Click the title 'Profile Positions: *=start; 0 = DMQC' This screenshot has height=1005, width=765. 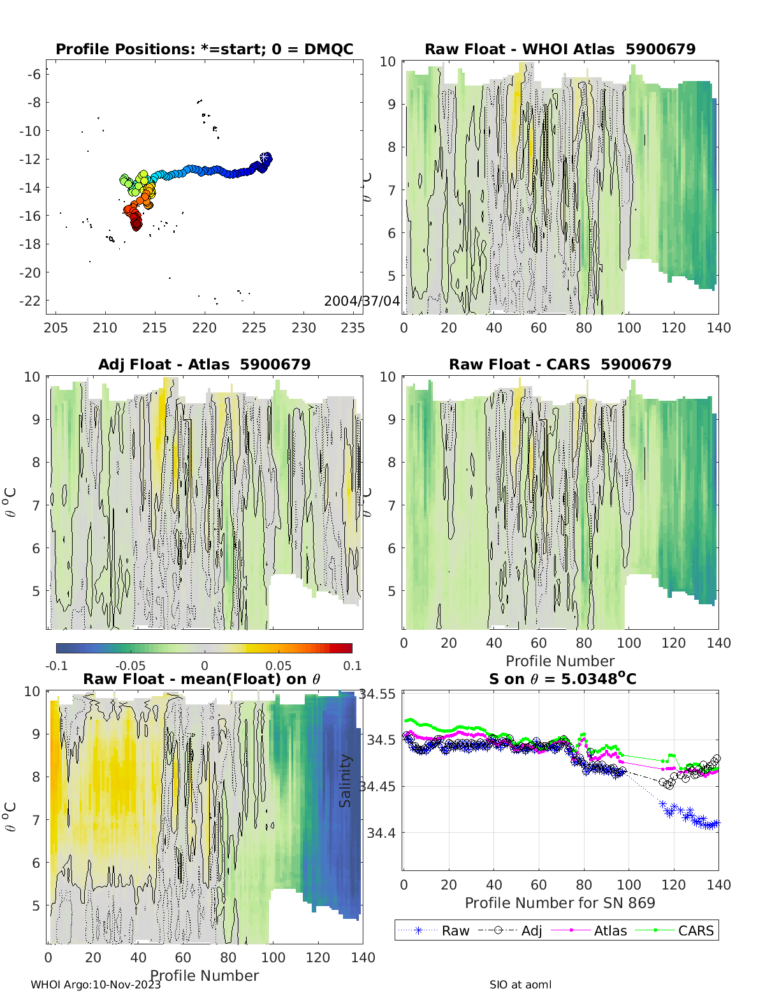[204, 49]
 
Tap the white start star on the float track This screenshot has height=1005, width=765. [264, 158]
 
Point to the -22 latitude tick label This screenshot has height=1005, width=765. [33, 301]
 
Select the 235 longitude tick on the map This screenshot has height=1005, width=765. [353, 327]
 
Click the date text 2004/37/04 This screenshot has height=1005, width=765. [361, 301]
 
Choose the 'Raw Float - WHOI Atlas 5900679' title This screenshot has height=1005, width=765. [560, 49]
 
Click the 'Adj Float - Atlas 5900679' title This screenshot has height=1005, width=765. [204, 364]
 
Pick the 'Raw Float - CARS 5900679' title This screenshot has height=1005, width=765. [560, 364]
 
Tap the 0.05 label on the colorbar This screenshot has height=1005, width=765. [279, 666]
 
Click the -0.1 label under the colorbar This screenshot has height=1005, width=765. [56, 666]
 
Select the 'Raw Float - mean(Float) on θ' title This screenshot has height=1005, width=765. [201, 679]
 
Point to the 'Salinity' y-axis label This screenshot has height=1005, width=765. [346, 780]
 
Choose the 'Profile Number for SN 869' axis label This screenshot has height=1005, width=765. [560, 903]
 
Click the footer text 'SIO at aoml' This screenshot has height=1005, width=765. [520, 985]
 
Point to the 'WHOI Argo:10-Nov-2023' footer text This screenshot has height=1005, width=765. [96, 985]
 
